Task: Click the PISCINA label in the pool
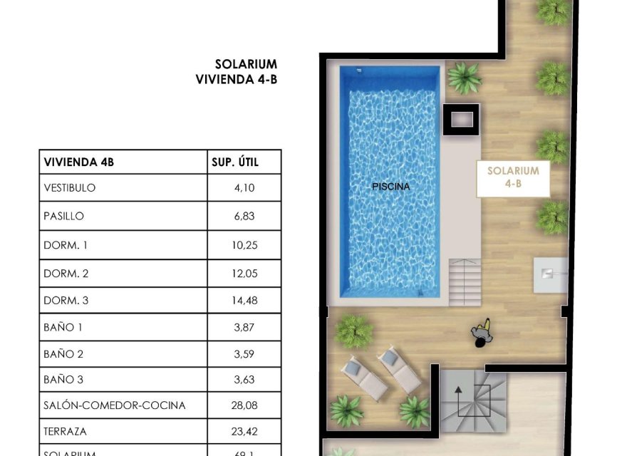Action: pos(391,187)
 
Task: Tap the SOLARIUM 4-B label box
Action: pos(513,177)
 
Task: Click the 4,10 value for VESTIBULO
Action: pos(243,188)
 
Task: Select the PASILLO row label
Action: pos(64,216)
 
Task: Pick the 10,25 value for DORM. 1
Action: pos(243,245)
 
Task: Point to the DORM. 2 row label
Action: pos(66,274)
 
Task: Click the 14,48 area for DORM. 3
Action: pos(243,301)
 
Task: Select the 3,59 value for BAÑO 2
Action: pos(243,353)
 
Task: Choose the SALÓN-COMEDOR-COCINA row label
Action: pos(114,405)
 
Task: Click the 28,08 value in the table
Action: pos(243,405)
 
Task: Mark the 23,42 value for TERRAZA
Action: pos(243,432)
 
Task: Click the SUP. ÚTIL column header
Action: pos(235,162)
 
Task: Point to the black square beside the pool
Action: pos(460,120)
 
